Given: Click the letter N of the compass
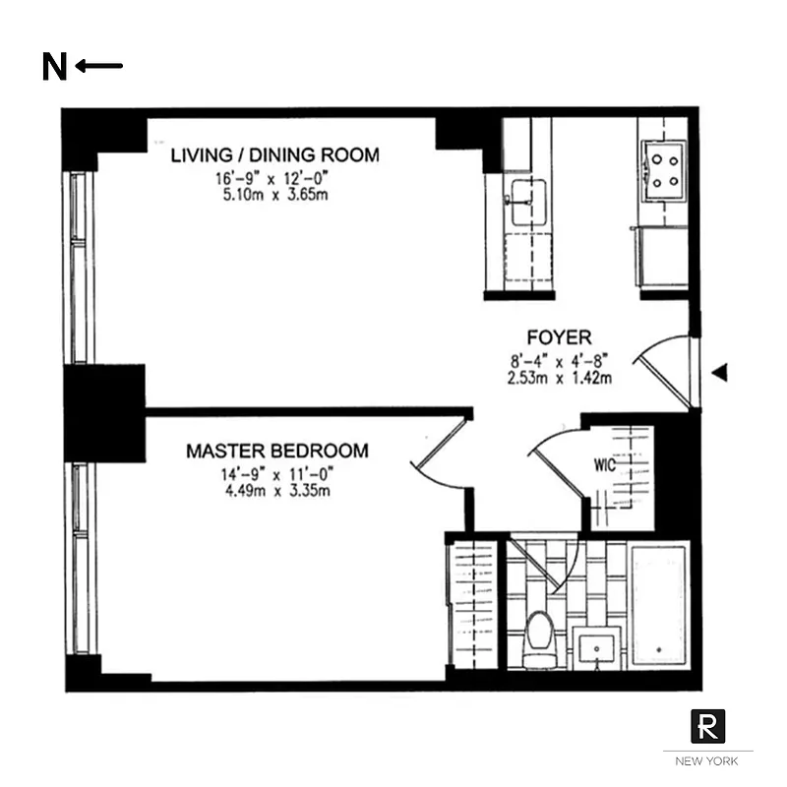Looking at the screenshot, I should click(x=55, y=67).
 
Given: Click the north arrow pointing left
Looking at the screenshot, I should click(x=99, y=66).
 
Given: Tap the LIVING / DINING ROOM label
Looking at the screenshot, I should click(x=274, y=155).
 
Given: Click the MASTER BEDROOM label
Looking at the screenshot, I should click(x=277, y=451).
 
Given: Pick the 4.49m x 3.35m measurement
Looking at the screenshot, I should click(x=275, y=490).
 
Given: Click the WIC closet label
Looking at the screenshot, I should click(x=605, y=465).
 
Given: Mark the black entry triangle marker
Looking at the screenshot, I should click(x=720, y=372).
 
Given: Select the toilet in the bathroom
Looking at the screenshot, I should click(x=538, y=635).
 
